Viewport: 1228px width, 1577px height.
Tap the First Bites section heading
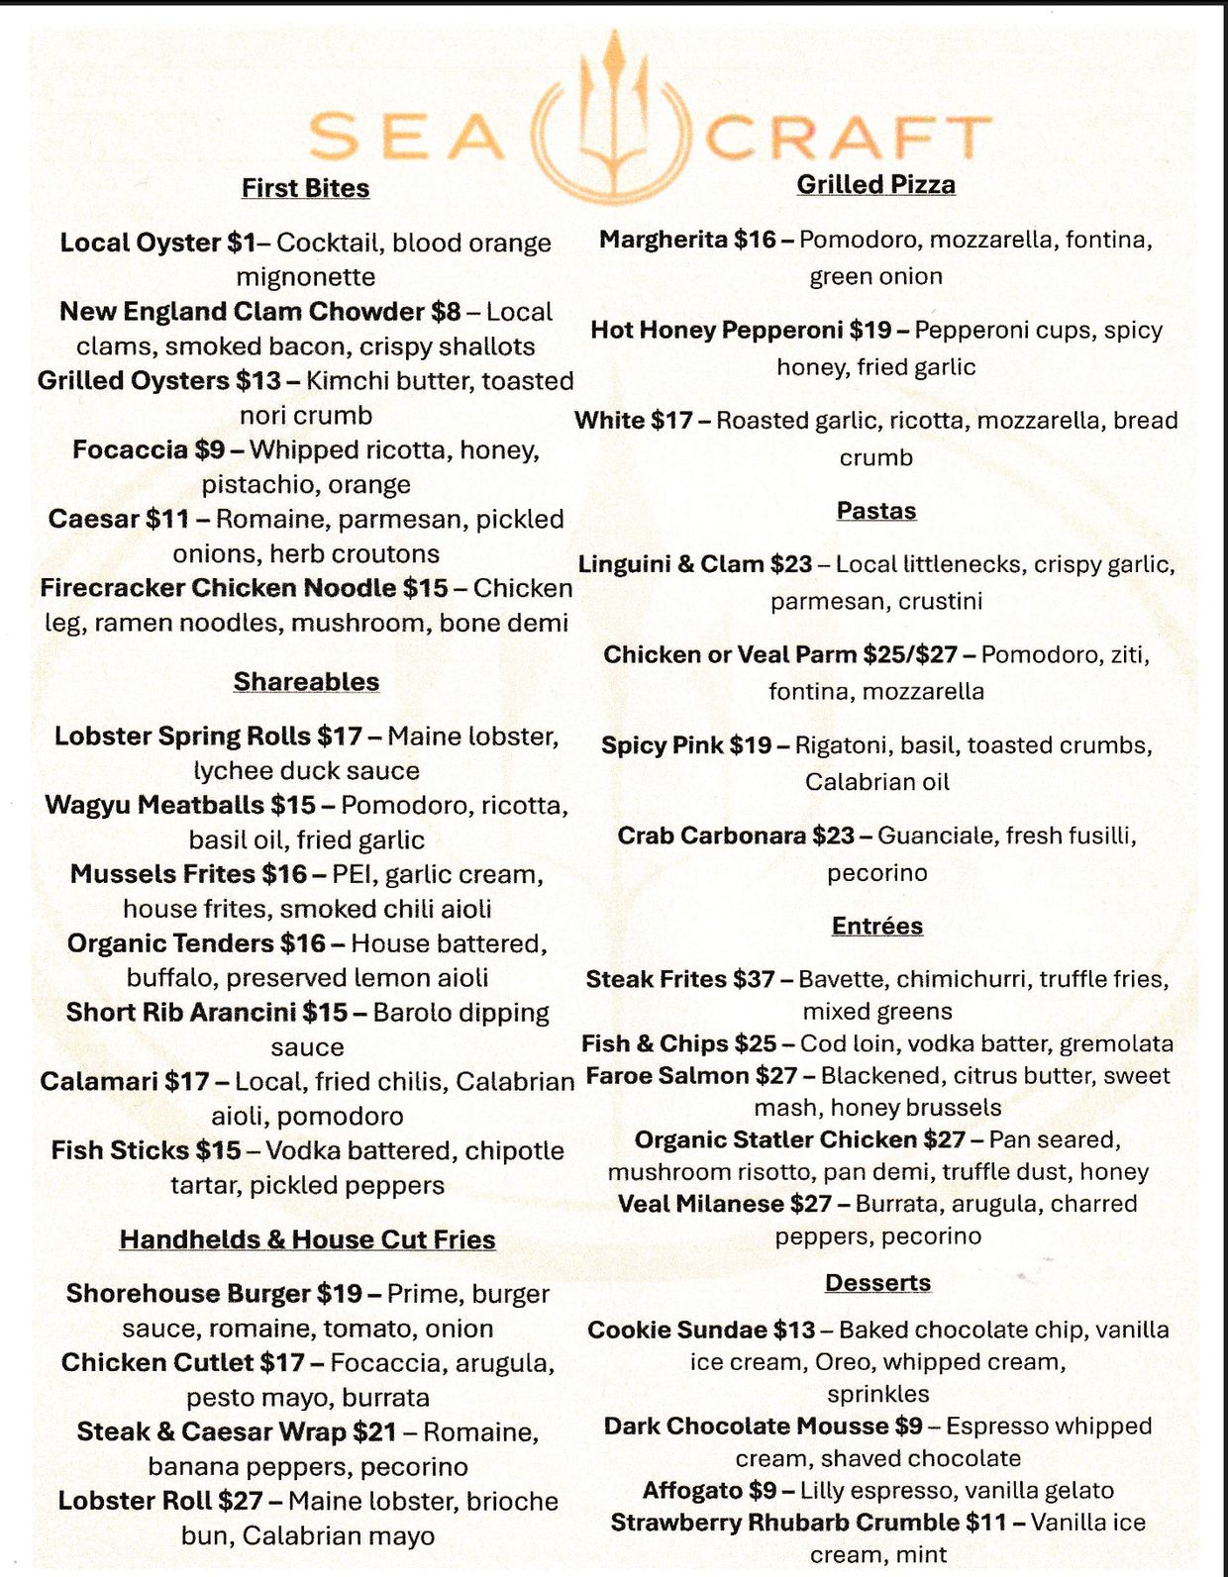click(x=305, y=188)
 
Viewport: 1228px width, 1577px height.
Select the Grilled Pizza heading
click(x=875, y=184)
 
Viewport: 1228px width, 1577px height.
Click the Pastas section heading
click(x=876, y=511)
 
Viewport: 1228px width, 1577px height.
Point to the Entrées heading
click(x=877, y=926)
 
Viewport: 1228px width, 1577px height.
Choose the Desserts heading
click(x=877, y=1283)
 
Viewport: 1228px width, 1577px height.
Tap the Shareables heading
click(x=306, y=682)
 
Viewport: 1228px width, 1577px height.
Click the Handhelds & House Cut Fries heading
click(x=307, y=1239)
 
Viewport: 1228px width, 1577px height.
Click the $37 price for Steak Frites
click(x=754, y=979)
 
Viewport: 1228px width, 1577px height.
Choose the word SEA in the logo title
click(x=405, y=137)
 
